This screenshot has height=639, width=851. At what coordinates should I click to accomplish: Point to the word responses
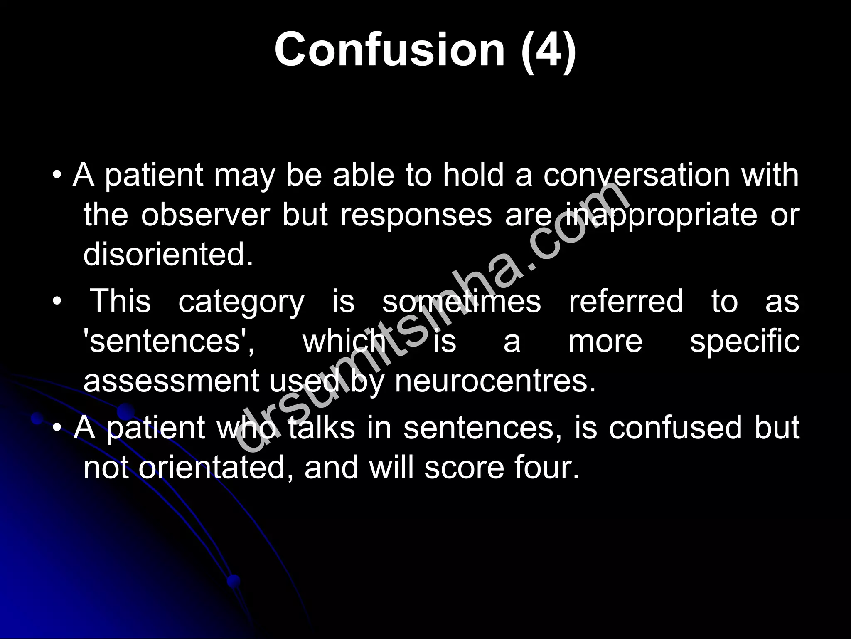tap(416, 216)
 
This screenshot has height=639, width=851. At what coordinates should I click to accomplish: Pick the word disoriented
tap(168, 254)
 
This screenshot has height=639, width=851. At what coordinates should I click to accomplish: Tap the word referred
tap(626, 301)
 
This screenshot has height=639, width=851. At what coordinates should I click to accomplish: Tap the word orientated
tap(218, 468)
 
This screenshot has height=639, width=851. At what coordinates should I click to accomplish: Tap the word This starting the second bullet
tap(121, 301)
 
